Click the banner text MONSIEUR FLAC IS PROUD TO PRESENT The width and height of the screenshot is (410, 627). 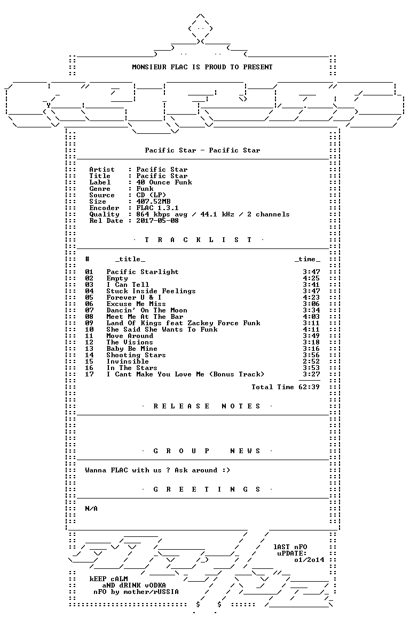pos(202,67)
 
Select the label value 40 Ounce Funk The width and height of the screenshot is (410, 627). pos(164,182)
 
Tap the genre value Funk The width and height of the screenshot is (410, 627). pos(145,189)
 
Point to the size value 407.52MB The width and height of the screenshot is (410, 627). pos(153,202)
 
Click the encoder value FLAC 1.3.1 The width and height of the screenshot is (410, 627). pos(157,208)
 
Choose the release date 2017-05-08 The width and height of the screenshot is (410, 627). pos(157,221)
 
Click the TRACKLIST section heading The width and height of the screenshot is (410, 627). pos(198,240)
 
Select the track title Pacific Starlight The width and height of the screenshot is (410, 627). pos(143,272)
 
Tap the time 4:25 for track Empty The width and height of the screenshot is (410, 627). pos(311,278)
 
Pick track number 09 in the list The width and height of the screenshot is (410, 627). pos(89,323)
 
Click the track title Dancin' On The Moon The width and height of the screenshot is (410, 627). pos(146,310)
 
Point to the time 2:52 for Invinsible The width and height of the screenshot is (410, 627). pos(311,361)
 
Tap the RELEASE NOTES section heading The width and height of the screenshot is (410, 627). pos(207,406)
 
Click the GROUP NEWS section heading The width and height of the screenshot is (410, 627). pos(207,451)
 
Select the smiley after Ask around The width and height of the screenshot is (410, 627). pos(226,470)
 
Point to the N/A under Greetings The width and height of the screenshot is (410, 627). pos(91,509)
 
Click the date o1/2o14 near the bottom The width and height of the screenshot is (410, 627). pos(309,560)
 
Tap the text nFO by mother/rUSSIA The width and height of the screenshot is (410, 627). pos(136,592)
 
